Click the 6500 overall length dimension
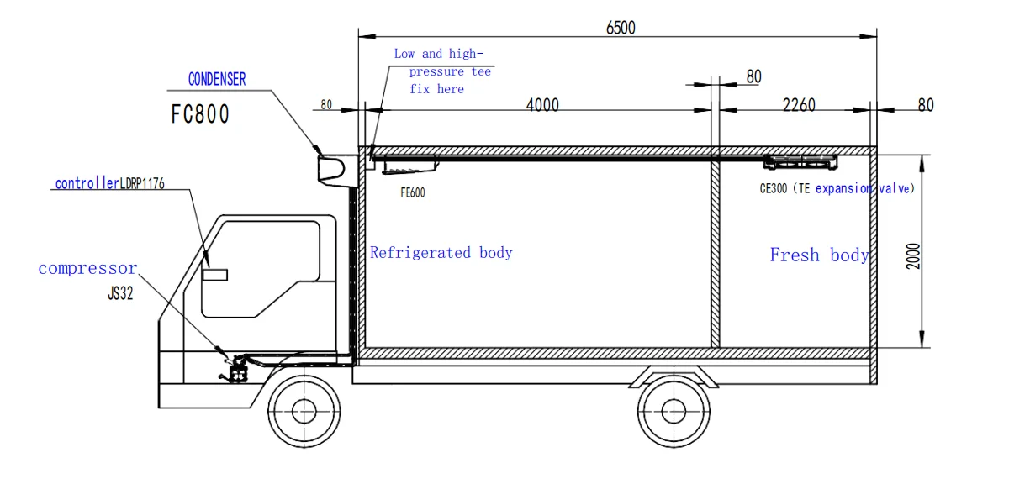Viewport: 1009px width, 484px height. tap(621, 27)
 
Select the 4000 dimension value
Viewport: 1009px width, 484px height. tap(542, 105)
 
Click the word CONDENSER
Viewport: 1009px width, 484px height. tap(217, 79)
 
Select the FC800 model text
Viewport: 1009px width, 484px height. tap(200, 115)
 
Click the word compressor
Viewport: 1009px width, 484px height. tap(87, 269)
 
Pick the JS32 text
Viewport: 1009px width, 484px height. tap(120, 295)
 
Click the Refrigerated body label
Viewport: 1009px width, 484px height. tap(441, 252)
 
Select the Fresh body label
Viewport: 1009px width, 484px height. tap(819, 255)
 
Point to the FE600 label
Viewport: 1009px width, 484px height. tap(412, 193)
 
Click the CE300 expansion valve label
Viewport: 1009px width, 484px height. tap(836, 189)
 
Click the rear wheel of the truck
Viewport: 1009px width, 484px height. tap(673, 410)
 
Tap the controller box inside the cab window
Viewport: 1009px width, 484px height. tap(214, 275)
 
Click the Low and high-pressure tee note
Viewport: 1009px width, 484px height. tap(442, 71)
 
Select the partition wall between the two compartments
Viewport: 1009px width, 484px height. tap(716, 252)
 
